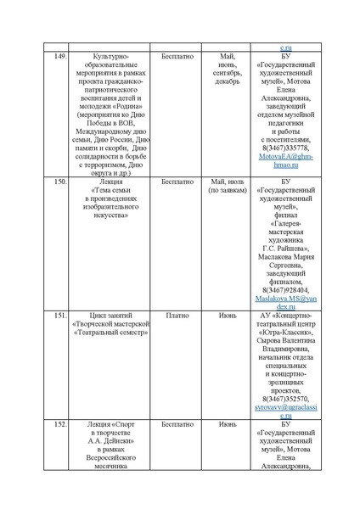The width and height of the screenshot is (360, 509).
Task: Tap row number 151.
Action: (x=56, y=315)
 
